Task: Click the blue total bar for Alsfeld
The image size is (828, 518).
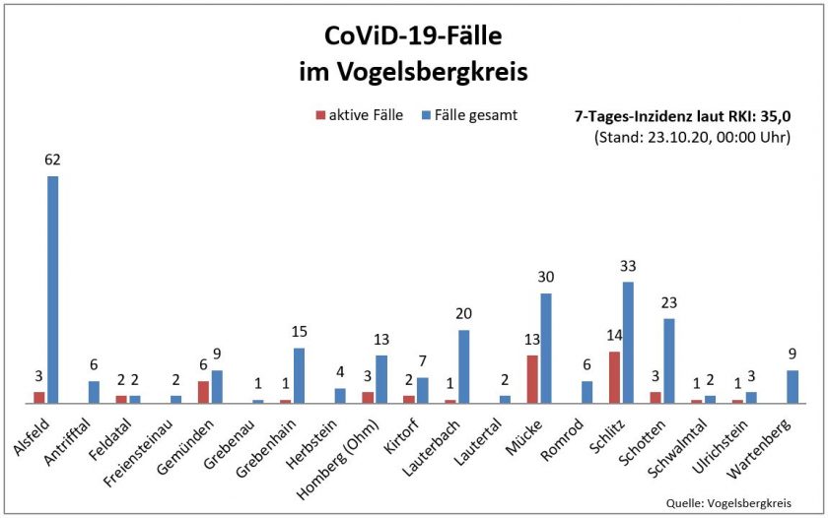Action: [53, 290]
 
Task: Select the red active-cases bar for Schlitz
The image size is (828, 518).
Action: [614, 377]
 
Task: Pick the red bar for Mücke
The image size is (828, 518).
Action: [532, 379]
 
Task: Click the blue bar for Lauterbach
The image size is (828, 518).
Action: [464, 366]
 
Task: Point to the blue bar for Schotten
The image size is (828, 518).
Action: [668, 360]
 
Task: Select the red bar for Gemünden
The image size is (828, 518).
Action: [204, 392]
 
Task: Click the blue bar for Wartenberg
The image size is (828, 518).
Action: [792, 386]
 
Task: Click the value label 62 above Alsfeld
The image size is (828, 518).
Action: [53, 159]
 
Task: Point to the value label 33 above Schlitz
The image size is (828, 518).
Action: [628, 265]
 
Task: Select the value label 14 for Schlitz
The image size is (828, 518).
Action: [613, 335]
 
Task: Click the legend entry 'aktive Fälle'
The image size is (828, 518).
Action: [360, 115]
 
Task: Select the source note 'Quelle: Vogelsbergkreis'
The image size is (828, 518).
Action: [744, 500]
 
